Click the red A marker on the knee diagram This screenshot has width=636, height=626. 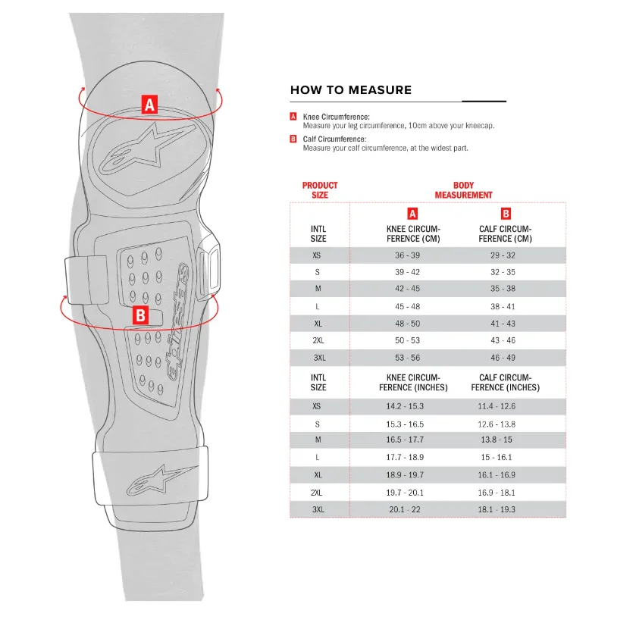coord(149,105)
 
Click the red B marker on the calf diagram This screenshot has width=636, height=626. coord(140,315)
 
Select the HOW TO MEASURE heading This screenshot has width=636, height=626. coord(351,89)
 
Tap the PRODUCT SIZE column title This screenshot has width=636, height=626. coord(320,189)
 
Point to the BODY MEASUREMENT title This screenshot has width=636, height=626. coord(463,189)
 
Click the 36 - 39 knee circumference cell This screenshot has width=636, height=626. coord(407,255)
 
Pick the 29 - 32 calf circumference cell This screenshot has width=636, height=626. coord(503,255)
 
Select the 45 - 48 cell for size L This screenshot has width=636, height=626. coord(407,306)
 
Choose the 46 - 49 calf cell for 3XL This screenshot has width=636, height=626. coord(503,358)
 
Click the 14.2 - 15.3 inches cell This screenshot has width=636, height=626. coord(404,406)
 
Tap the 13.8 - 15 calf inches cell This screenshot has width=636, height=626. coord(497,440)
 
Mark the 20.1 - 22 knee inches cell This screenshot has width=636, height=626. coord(404,509)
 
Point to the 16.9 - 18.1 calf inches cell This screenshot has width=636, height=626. coord(497,493)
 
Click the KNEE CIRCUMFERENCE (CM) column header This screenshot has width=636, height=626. coord(413,234)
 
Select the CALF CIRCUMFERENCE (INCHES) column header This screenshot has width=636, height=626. coord(505,382)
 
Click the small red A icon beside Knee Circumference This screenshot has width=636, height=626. coord(293,117)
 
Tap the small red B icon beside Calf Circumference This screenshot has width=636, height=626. coord(293,139)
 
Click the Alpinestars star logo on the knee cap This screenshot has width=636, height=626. coord(147,149)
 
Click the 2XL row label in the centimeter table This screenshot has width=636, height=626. coord(318,340)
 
